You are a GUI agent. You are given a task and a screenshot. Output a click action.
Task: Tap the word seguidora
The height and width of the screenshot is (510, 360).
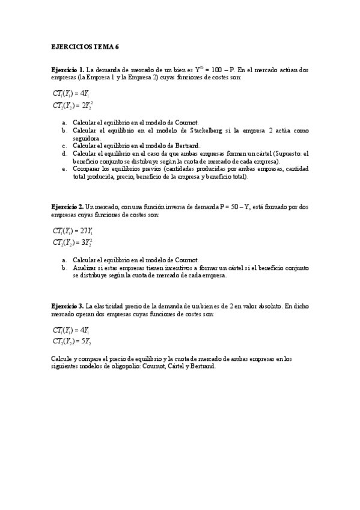coord(85,137)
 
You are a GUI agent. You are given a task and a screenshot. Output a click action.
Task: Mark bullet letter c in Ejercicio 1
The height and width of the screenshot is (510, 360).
coord(64,145)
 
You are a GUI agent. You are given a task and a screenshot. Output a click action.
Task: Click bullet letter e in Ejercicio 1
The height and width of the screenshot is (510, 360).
coord(64,168)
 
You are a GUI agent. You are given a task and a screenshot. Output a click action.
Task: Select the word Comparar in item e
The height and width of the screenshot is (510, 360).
coord(86,168)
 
